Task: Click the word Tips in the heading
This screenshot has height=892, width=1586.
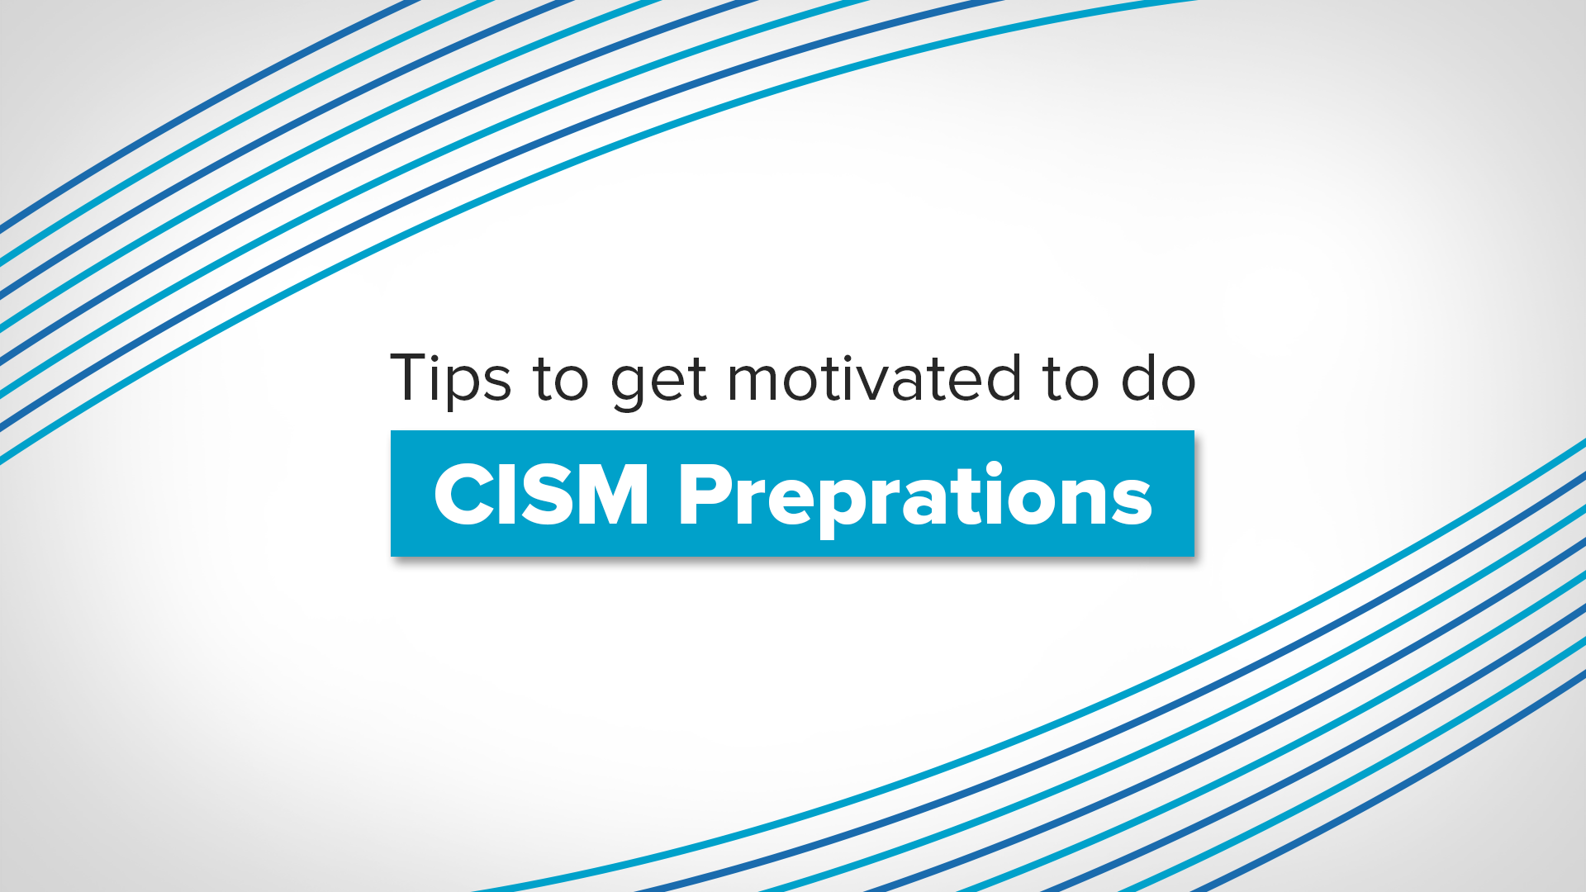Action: [x=450, y=380]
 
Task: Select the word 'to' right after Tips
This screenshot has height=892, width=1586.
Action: [x=560, y=380]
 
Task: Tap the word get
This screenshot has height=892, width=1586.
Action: [x=658, y=384]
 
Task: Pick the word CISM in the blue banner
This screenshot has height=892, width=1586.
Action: [x=541, y=495]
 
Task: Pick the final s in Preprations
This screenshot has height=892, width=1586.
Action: [x=1131, y=503]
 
